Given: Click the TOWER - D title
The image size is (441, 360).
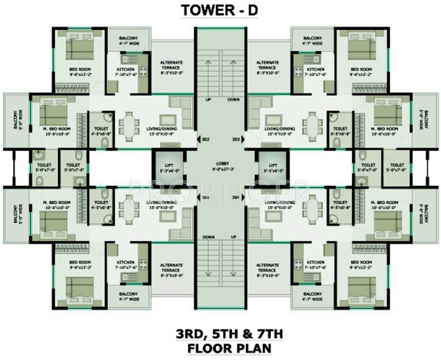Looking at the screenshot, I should point(220,10).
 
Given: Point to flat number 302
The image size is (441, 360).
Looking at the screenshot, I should point(205,140).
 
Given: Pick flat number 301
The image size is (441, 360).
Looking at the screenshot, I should point(205,197).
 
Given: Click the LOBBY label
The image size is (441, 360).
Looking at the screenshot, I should point(220,165).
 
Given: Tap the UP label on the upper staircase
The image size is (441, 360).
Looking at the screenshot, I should point(208,100).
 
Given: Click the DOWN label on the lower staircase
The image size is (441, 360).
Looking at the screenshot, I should point(208,237).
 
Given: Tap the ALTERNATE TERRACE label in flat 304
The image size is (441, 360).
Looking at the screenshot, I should point(267,267).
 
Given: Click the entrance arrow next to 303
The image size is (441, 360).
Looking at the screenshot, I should point(243,140).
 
